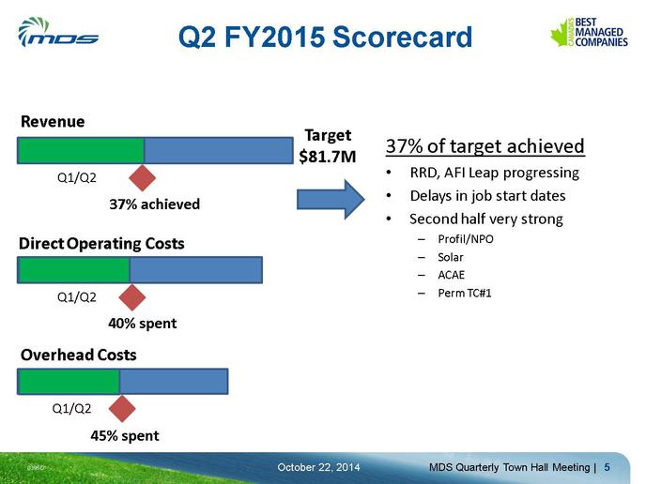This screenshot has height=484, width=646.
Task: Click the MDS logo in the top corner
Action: pos(57,32)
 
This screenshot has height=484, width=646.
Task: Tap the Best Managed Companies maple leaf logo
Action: pos(589,32)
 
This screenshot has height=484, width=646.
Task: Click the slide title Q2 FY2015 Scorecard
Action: pos(325,37)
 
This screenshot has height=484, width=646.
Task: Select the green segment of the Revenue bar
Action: pos(81,151)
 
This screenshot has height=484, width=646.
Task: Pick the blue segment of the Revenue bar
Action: pos(219,151)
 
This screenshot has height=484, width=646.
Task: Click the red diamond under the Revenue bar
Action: pos(142,178)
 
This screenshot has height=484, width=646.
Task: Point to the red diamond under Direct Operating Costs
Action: pos(132,297)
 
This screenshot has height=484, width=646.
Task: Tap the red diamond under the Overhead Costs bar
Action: pos(122,409)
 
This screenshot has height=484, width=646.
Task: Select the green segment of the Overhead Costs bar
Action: pos(69,382)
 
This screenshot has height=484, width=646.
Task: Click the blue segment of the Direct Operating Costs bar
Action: pos(196,270)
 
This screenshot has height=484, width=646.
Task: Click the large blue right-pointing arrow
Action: pos(331,199)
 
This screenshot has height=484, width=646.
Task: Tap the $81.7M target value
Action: pos(328,157)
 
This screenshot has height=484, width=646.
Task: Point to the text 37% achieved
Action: pos(155,204)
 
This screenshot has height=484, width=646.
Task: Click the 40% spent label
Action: pos(143,324)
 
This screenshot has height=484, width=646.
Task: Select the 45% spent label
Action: pos(125,436)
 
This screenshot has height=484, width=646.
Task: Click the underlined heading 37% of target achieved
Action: pos(485,146)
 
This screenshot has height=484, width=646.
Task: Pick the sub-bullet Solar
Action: pos(451,257)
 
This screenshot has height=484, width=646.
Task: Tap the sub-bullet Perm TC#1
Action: pos(464,293)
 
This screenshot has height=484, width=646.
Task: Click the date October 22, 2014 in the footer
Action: pos(318,467)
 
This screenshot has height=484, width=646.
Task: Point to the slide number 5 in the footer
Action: pos(607,467)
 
